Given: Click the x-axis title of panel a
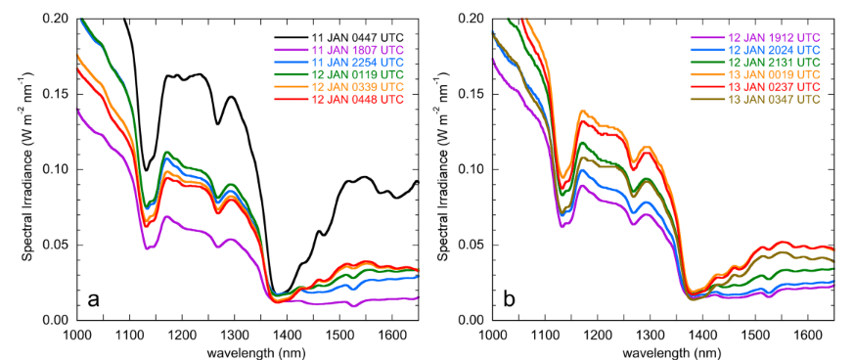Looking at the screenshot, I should point(248,350).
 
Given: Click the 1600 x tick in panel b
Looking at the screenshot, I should point(806,334).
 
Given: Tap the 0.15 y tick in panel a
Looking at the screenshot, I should point(60,94).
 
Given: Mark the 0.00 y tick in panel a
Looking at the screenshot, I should point(60,320).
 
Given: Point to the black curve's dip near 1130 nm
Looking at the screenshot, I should point(146,169).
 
